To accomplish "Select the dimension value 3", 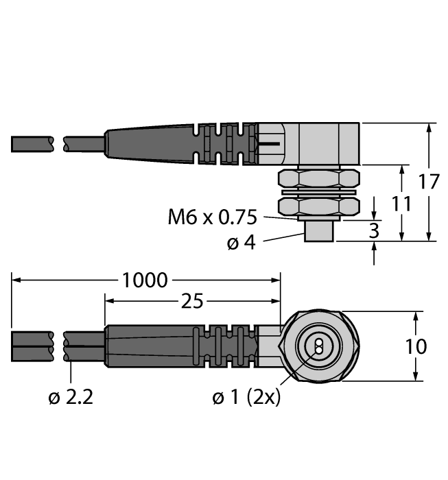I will point(374,230).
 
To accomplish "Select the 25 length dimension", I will point(192,302).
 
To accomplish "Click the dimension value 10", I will point(415,346).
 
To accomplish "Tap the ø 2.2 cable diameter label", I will point(72,398).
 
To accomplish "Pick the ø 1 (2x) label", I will point(247,398).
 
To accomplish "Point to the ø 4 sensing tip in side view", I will point(318,232).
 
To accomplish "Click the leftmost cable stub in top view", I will point(32,144).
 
